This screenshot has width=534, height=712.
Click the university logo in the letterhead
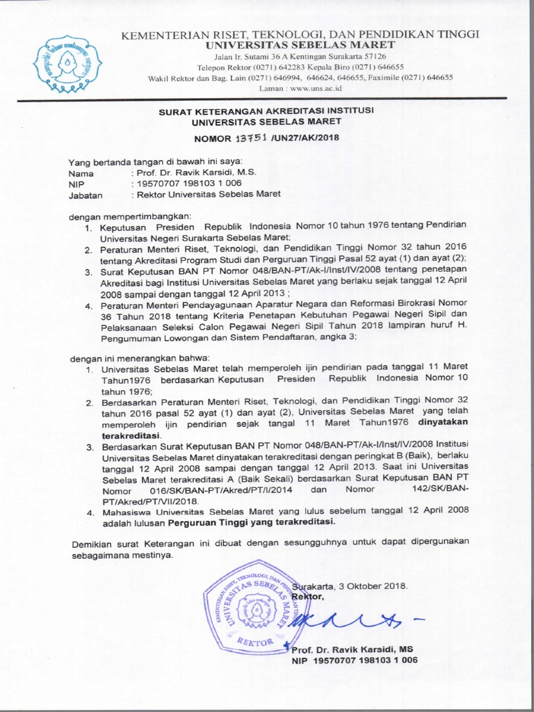tap(67, 63)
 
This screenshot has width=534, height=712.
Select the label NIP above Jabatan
tap(76, 184)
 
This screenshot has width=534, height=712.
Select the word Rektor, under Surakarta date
tap(308, 597)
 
